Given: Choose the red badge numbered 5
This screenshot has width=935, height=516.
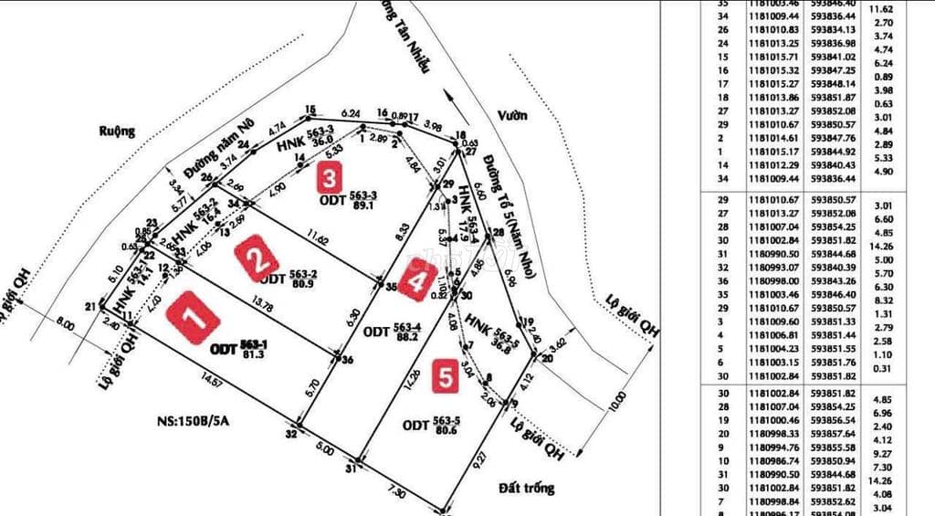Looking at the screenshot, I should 444,377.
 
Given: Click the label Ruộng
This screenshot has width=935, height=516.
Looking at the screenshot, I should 116,132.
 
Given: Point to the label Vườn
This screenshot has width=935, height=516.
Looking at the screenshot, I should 513,115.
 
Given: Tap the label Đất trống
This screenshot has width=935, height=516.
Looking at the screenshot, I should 527,489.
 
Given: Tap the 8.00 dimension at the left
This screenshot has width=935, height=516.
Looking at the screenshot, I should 65,322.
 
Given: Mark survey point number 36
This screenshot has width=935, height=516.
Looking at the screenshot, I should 346,360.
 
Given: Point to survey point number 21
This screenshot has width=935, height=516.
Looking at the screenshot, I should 90,306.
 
